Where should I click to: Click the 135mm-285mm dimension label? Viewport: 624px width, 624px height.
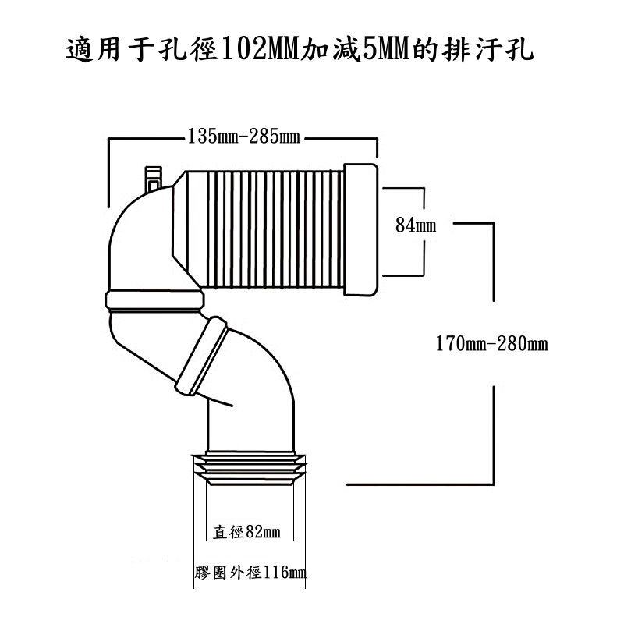(x=243, y=138)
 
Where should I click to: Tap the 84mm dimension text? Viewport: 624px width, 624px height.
(x=415, y=226)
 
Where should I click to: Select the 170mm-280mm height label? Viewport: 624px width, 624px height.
(x=491, y=342)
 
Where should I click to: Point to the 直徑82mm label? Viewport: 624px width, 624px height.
(x=246, y=533)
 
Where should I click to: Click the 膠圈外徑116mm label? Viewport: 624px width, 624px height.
(x=250, y=573)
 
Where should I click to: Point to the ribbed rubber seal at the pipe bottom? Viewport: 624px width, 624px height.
(x=247, y=469)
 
